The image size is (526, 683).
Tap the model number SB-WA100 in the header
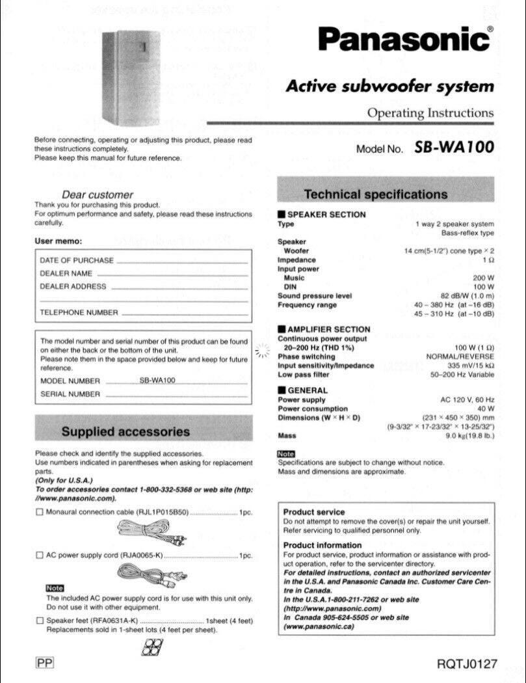454,147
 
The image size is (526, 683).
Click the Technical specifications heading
376,194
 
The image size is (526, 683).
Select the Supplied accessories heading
125,431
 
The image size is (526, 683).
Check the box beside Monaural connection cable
40,512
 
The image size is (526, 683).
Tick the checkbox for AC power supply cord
40,556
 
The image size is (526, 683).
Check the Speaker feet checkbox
40,621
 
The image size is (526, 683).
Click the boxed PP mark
45,663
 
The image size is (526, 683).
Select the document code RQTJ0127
467,664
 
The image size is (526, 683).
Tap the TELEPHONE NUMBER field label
79,312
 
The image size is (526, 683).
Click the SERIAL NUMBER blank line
176,395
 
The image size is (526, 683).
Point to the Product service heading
314,512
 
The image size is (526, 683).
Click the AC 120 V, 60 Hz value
467,399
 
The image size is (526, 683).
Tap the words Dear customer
97,194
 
